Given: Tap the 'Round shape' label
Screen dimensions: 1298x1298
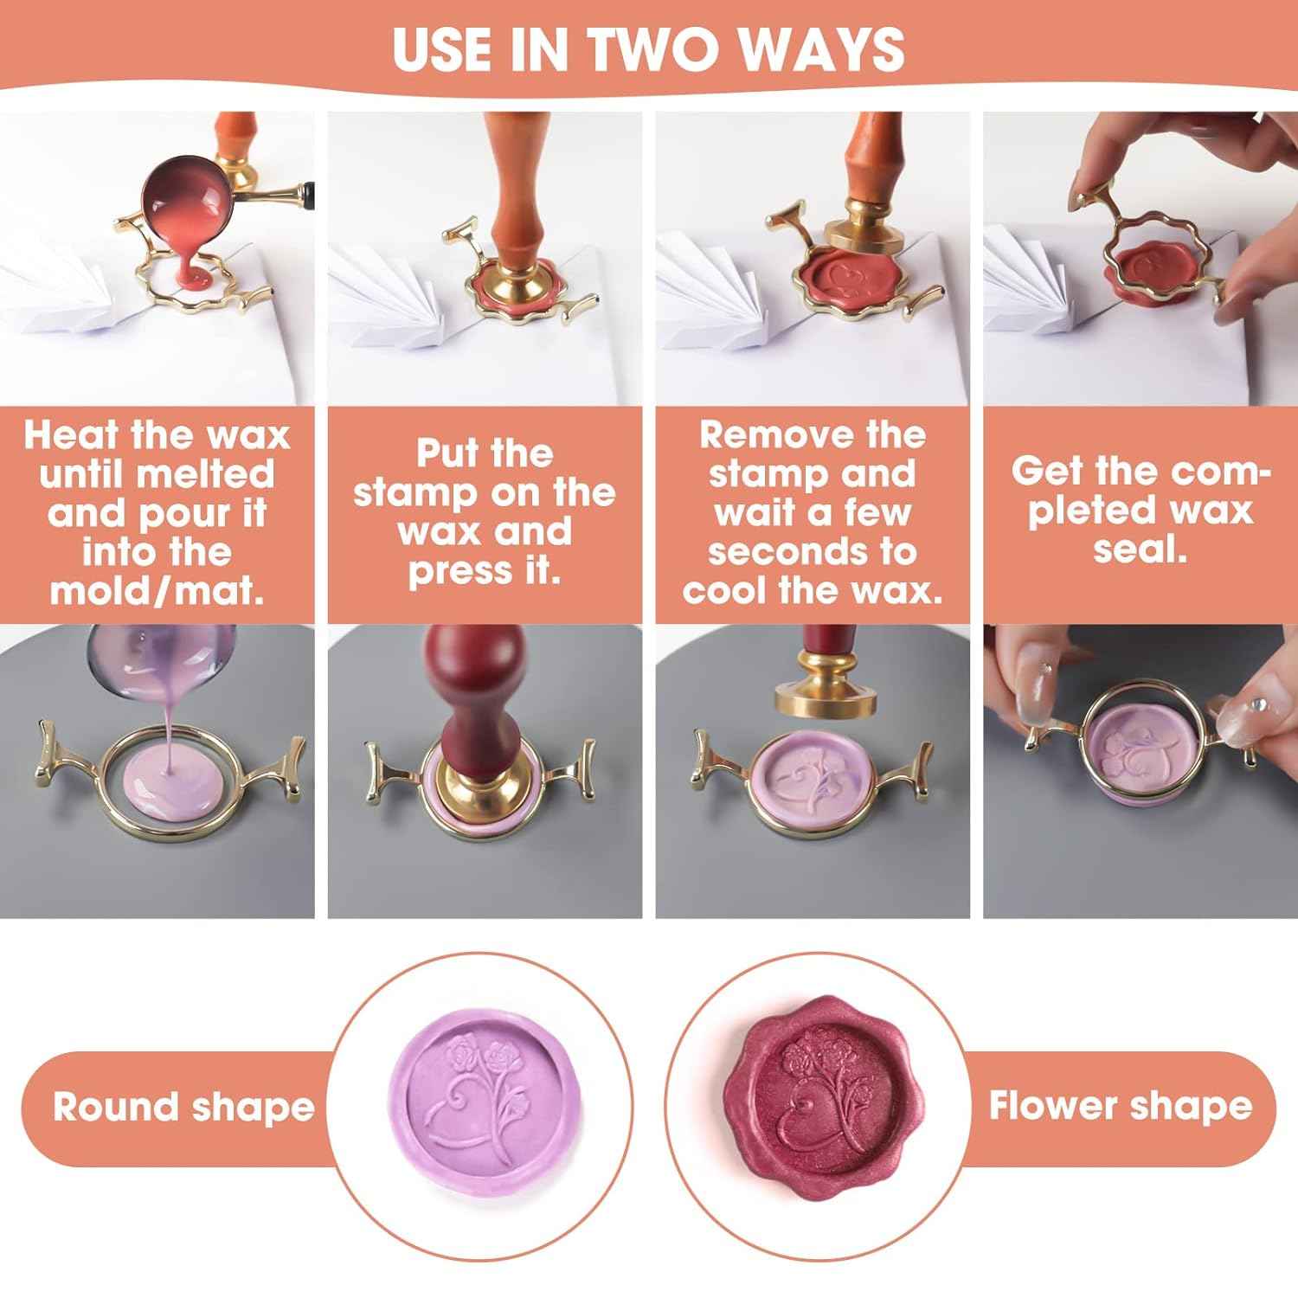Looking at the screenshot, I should coord(183,1107).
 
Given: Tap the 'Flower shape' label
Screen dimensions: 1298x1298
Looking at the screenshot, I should coord(1120,1106).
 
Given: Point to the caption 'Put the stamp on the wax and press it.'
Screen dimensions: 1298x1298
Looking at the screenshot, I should coord(484,512).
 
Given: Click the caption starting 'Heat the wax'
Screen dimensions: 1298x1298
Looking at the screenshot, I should coord(157,512).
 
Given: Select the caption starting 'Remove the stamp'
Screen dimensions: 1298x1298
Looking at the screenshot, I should coord(812,512).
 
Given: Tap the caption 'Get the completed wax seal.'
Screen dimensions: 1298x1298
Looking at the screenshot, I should coord(1140,511).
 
